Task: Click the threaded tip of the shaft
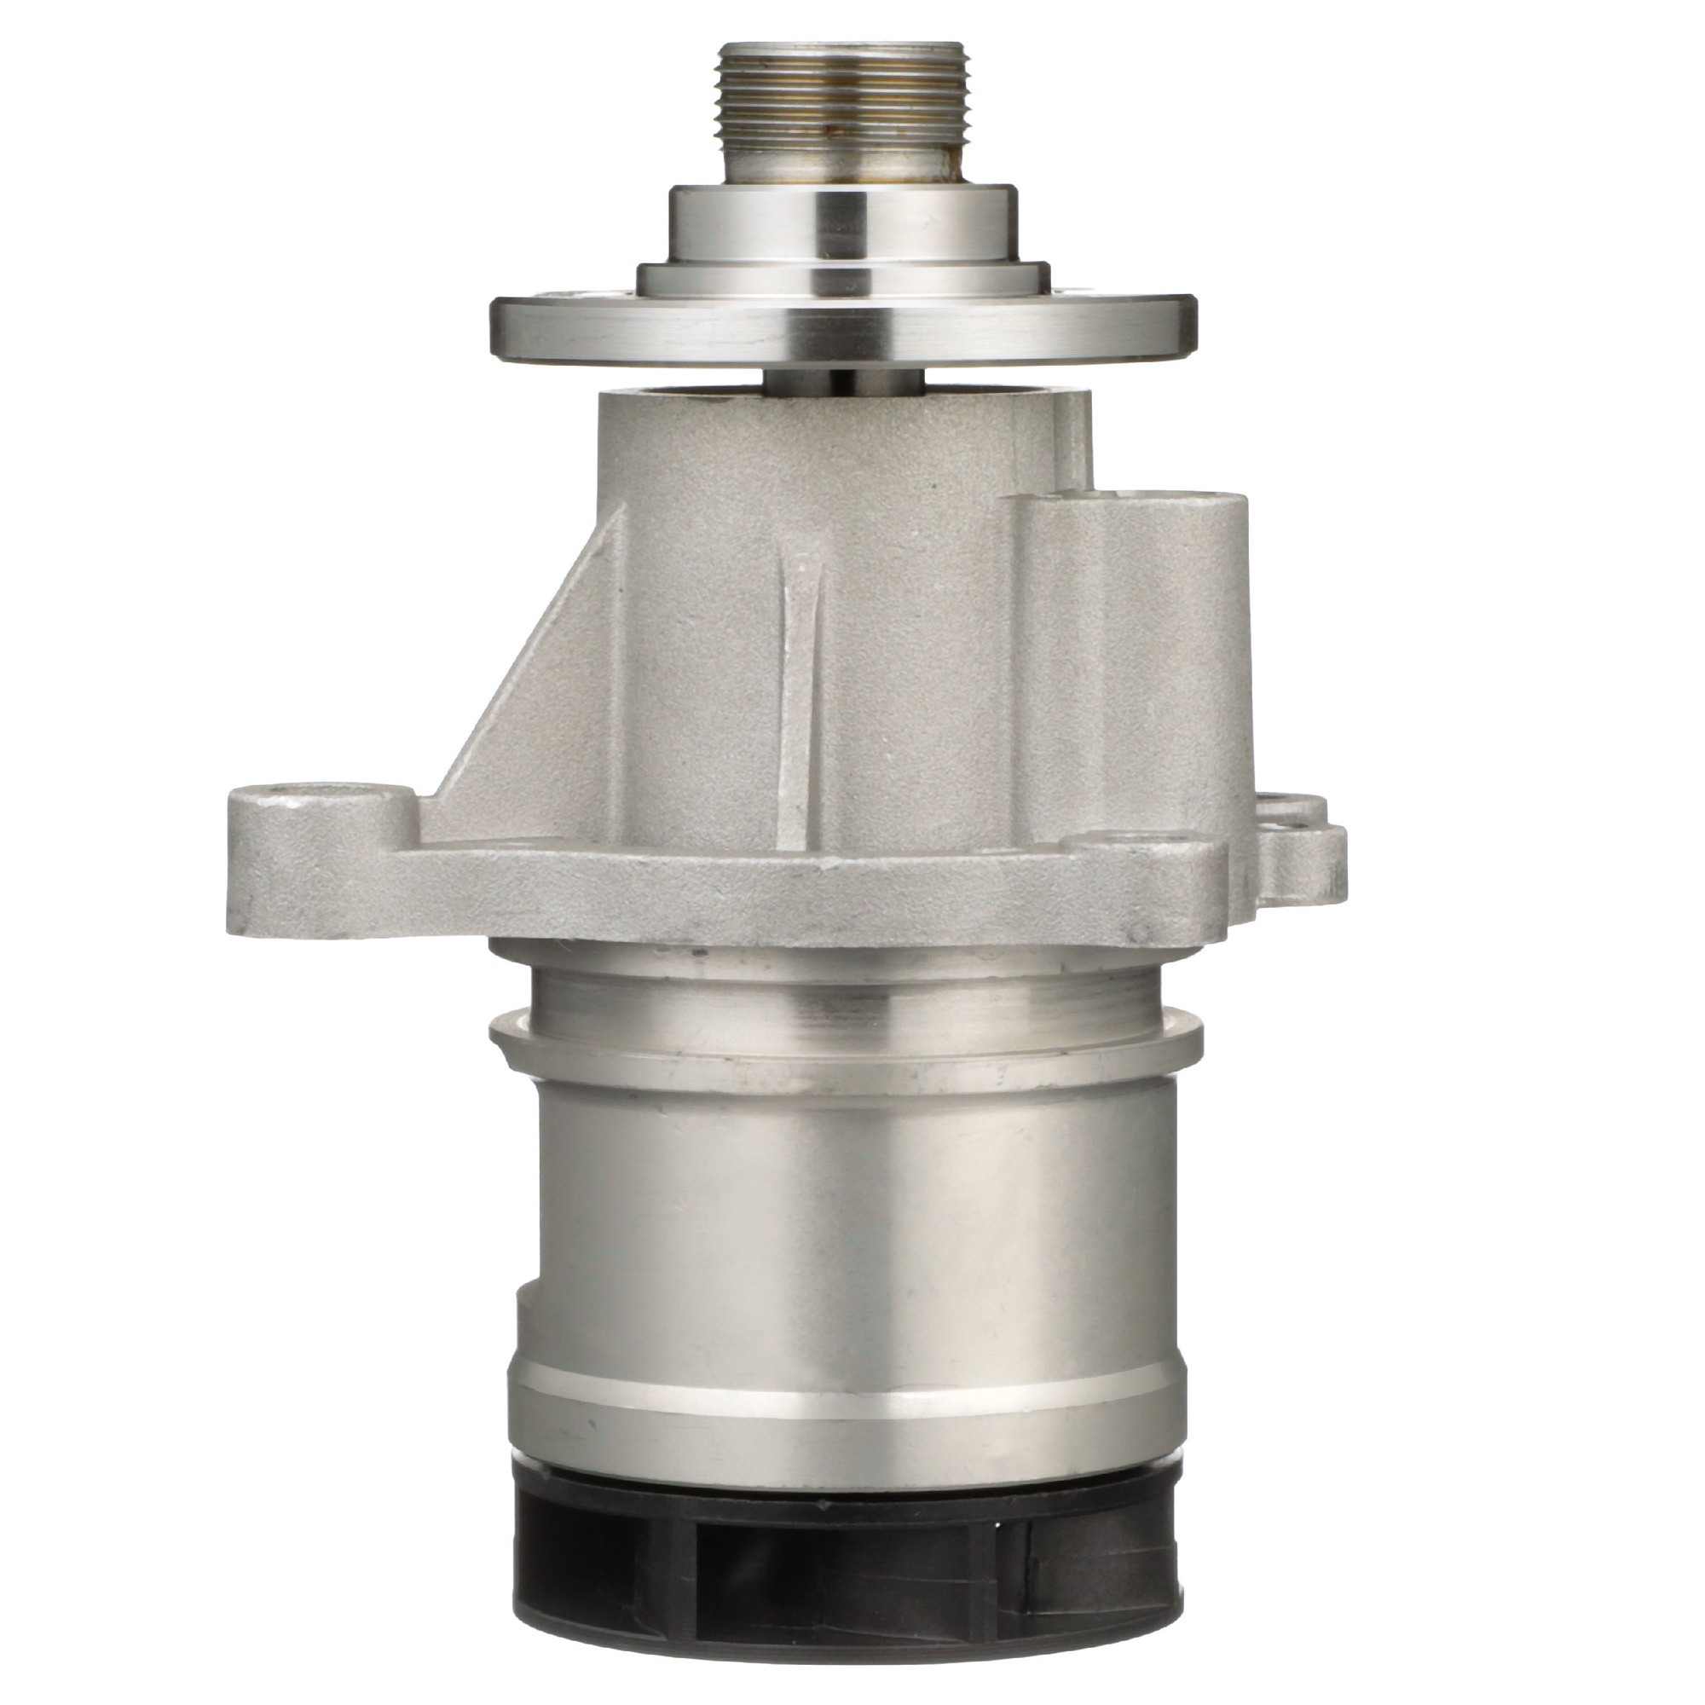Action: click(845, 97)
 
